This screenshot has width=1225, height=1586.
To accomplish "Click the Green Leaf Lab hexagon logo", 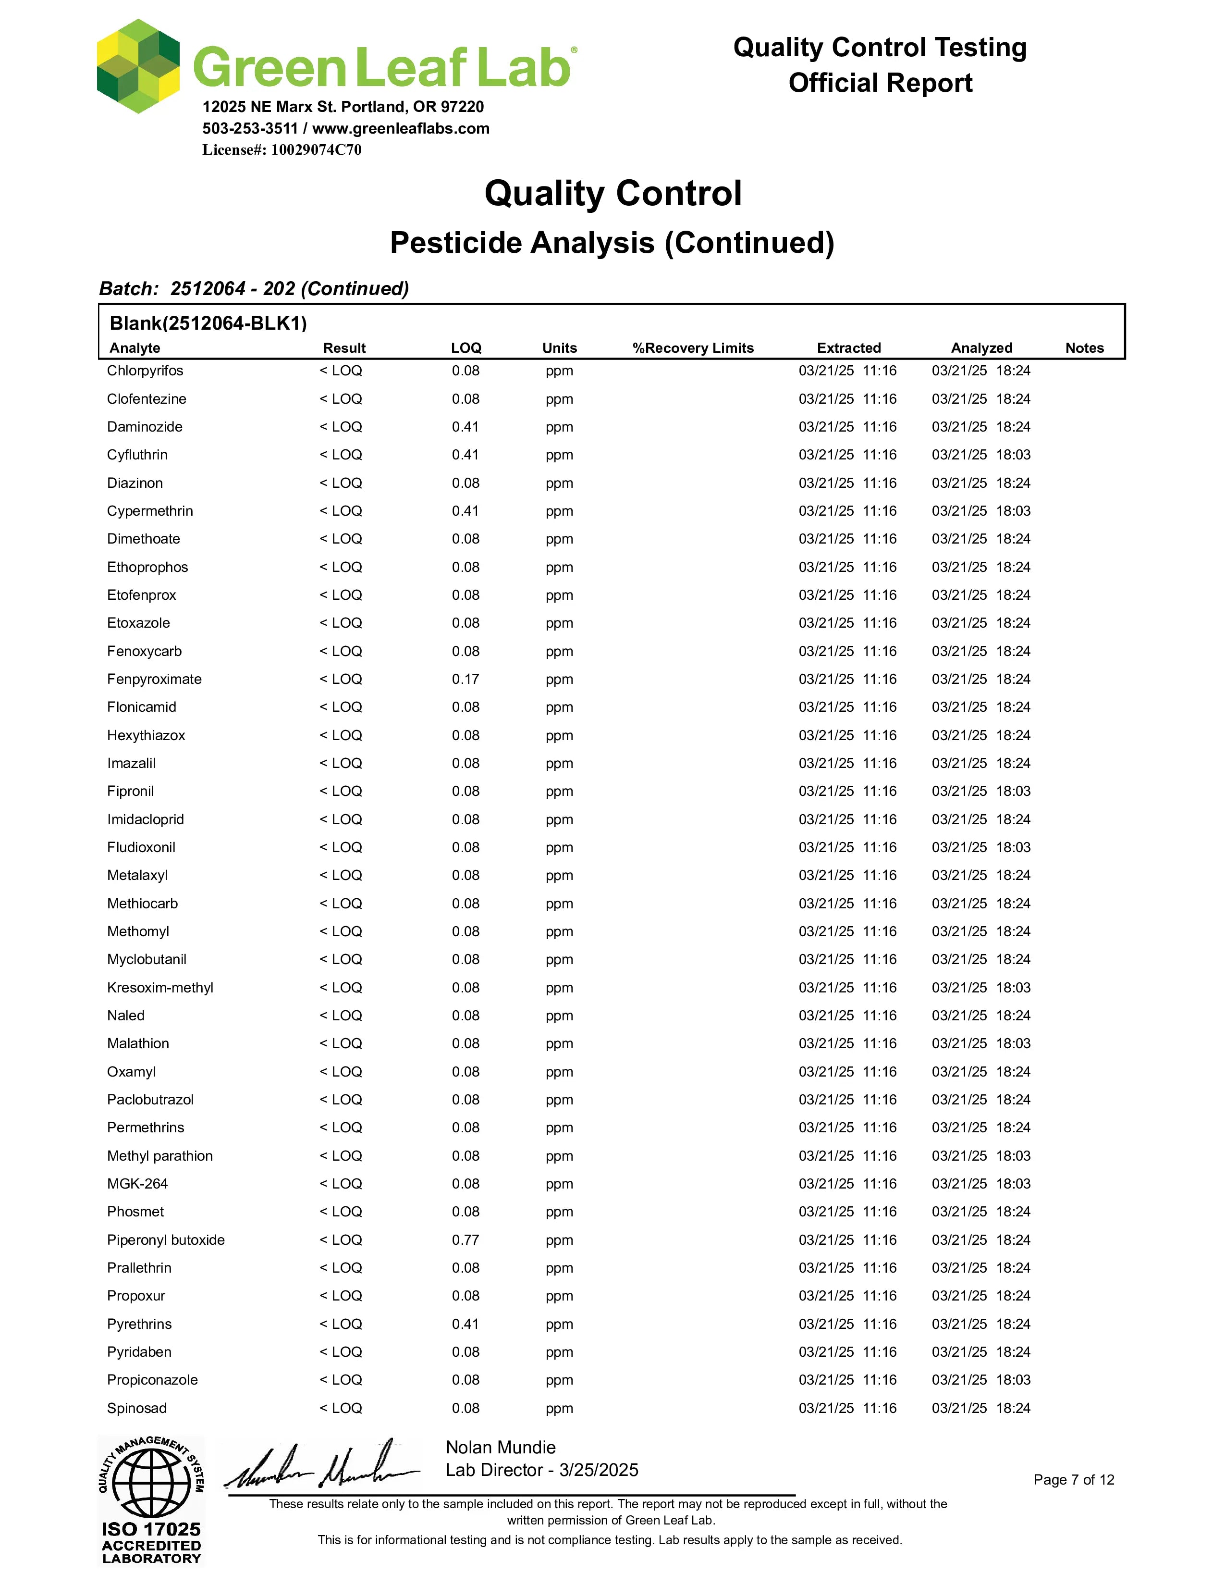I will pyautogui.click(x=138, y=67).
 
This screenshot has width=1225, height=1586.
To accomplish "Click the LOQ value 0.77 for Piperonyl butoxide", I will pyautogui.click(x=465, y=1239).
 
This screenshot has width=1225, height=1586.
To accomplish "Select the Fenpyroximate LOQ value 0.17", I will pyautogui.click(x=465, y=679).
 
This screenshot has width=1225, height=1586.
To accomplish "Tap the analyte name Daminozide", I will pyautogui.click(x=145, y=427).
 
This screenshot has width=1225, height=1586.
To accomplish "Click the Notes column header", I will pyautogui.click(x=1084, y=348).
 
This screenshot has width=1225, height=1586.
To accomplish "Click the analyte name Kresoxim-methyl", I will pyautogui.click(x=159, y=988).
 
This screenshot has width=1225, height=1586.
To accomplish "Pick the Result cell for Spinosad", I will pyautogui.click(x=341, y=1408).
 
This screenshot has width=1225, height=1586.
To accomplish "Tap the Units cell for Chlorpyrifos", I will pyautogui.click(x=559, y=371).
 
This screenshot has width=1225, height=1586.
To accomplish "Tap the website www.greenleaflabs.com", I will pyautogui.click(x=401, y=128).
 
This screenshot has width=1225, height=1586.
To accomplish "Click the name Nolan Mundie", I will pyautogui.click(x=500, y=1447).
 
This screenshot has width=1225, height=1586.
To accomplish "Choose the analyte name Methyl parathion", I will pyautogui.click(x=159, y=1155).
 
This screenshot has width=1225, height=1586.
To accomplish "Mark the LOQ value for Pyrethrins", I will pyautogui.click(x=465, y=1324).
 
